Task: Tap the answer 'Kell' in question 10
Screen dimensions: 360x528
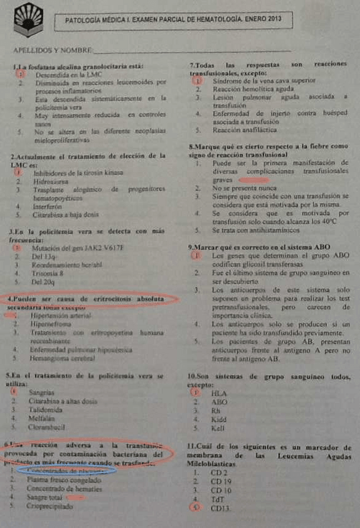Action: [x=219, y=429]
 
